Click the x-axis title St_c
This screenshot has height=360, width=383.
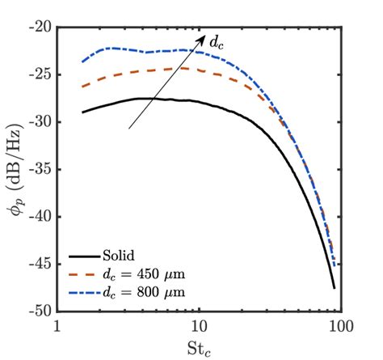pyautogui.click(x=200, y=348)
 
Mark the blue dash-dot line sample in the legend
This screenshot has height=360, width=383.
pyautogui.click(x=82, y=290)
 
